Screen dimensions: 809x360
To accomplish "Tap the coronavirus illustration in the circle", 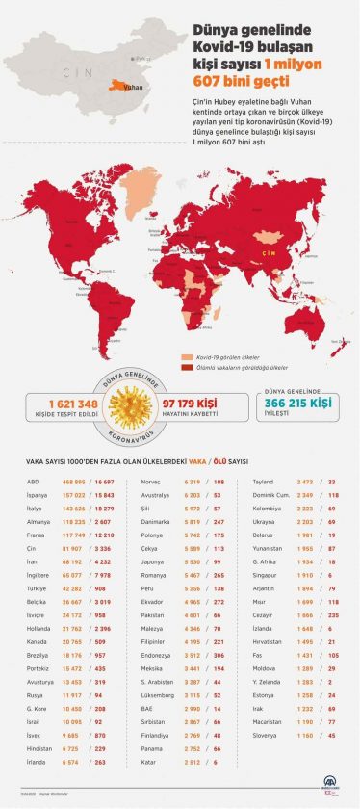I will click(x=136, y=403).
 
